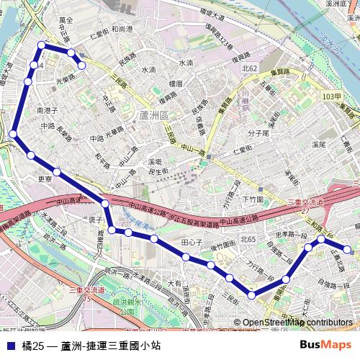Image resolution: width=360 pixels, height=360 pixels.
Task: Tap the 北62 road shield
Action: [250, 68]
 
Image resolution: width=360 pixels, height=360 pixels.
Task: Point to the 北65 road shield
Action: [248, 238]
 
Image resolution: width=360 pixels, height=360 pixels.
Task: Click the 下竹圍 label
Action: [253, 199]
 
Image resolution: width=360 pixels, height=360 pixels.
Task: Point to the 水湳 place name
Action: [148, 70]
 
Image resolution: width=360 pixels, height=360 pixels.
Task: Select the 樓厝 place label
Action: [176, 84]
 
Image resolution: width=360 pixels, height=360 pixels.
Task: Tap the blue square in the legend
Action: [9, 346]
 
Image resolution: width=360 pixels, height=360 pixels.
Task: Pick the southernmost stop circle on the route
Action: [252, 294]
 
